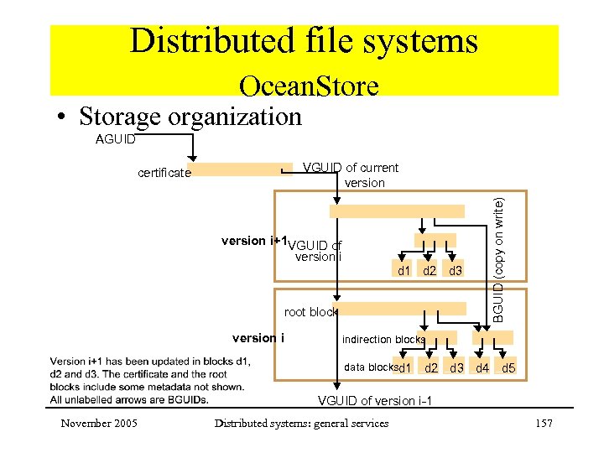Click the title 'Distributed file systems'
[x=304, y=41]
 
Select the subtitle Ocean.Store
[x=308, y=86]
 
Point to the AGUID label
[x=115, y=139]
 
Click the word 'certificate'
[x=164, y=174]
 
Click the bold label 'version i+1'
[x=254, y=241]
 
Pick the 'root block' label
[x=310, y=312]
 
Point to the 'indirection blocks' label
[x=383, y=340]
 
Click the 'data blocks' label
[x=371, y=367]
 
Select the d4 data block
[x=482, y=368]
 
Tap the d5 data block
[x=508, y=368]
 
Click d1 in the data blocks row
[x=405, y=368]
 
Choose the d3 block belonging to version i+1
[x=456, y=270]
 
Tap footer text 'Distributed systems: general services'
[x=301, y=424]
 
